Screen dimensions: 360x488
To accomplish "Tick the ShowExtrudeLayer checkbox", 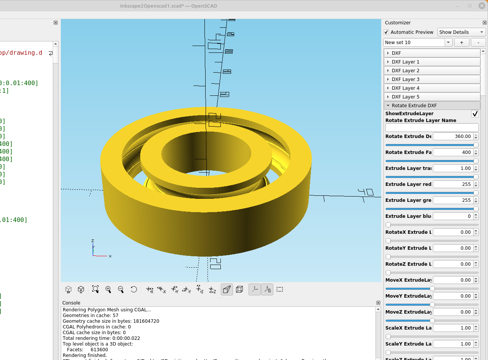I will click(x=475, y=114).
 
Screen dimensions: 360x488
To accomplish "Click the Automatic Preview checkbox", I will click(x=387, y=32).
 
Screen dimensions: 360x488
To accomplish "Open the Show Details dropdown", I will click(x=461, y=32).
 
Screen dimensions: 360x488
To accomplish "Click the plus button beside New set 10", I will click(x=461, y=43).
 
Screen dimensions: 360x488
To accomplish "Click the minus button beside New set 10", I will click(x=478, y=43).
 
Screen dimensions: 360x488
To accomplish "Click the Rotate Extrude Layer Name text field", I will click(x=432, y=128).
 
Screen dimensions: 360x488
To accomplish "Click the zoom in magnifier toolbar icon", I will click(x=108, y=290).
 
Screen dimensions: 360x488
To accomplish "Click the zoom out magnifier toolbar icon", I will click(x=121, y=290).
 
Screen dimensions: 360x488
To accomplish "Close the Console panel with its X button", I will click(x=378, y=303).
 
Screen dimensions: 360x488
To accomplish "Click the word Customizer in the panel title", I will click(x=398, y=23).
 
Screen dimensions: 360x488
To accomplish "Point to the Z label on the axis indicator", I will click(x=93, y=241).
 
